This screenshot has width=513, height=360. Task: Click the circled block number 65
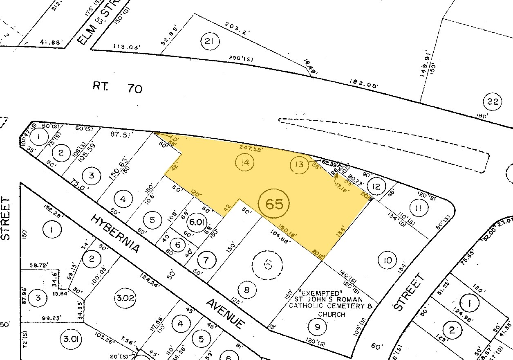point(274,203)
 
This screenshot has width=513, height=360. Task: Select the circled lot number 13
point(299,164)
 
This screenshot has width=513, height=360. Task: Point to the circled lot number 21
point(210,41)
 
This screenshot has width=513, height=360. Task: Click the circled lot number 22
point(493,101)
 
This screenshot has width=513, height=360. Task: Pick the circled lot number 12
point(377,187)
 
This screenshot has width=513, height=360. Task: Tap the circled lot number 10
point(388,260)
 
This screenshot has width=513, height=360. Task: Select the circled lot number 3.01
point(71,338)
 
